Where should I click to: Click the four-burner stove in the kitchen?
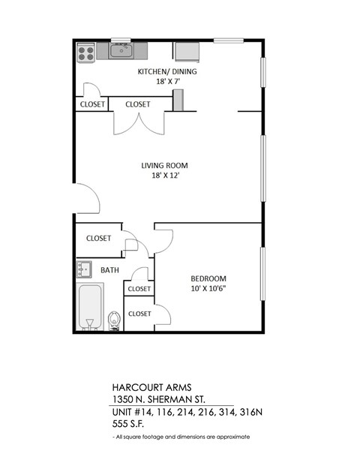tap(86, 52)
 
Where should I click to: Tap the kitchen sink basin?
tap(121, 51)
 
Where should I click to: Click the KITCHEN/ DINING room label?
tap(166, 71)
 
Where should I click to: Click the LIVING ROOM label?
tap(164, 166)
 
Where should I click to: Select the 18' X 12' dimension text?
tap(164, 176)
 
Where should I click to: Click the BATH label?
tap(110, 269)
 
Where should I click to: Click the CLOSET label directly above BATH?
tap(98, 239)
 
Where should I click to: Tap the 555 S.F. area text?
tap(128, 424)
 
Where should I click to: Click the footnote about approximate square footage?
tap(181, 436)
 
